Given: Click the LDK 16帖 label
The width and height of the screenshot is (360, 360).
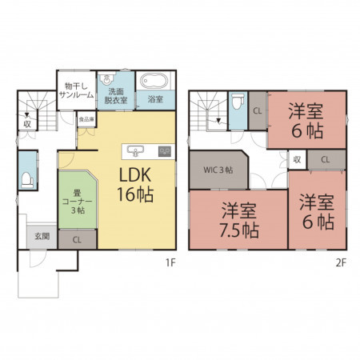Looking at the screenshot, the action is pyautogui.click(x=135, y=184).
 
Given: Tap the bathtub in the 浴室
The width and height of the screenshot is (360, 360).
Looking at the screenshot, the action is pyautogui.click(x=154, y=81).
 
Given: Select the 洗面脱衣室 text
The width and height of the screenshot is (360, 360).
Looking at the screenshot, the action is pyautogui.click(x=116, y=96).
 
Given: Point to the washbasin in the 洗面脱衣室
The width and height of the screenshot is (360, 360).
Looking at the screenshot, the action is pyautogui.click(x=106, y=79).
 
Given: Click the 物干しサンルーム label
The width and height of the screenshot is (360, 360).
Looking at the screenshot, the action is pyautogui.click(x=77, y=90).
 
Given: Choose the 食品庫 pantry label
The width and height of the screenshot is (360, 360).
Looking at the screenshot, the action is pyautogui.click(x=86, y=119).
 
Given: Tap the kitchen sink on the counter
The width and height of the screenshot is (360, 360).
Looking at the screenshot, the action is pyautogui.click(x=135, y=151).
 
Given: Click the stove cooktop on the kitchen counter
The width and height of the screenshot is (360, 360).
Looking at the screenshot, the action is pyautogui.click(x=165, y=151).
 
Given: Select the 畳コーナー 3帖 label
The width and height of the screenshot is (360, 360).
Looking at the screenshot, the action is pyautogui.click(x=78, y=202).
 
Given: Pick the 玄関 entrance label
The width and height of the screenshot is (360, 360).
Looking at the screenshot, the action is pyautogui.click(x=42, y=236).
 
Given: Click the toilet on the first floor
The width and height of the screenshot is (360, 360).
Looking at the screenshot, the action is pyautogui.click(x=27, y=180).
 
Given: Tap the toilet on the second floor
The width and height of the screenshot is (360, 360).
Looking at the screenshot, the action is pyautogui.click(x=238, y=101).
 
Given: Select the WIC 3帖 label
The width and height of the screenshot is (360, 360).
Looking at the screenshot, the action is pyautogui.click(x=218, y=170).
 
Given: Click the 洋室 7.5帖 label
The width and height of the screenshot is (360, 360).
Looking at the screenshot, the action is pyautogui.click(x=239, y=220).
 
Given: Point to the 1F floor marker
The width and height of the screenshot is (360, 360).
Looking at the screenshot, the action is pyautogui.click(x=170, y=263).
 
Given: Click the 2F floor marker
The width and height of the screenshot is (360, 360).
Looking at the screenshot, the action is pyautogui.click(x=341, y=263).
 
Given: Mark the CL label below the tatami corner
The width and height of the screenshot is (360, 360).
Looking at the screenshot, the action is pyautogui.click(x=77, y=240).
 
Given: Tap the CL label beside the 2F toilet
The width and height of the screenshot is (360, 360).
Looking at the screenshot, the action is pyautogui.click(x=258, y=110).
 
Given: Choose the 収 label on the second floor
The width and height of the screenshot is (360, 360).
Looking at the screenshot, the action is pyautogui.click(x=297, y=159).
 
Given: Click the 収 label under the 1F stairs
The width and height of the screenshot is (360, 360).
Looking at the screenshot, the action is pyautogui.click(x=27, y=124).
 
